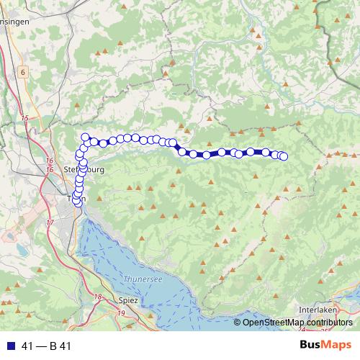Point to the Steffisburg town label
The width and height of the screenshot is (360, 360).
click(x=85, y=170)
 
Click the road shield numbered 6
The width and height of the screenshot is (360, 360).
click(x=23, y=72)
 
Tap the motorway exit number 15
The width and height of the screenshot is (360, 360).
click(x=25, y=117)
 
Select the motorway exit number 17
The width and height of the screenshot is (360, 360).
click(x=50, y=223)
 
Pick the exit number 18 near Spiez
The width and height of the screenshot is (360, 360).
click(x=97, y=297)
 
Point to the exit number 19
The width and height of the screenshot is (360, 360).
click(x=121, y=312)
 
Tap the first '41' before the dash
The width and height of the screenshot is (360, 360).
click(x=26, y=346)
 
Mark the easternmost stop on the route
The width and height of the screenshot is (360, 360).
click(x=283, y=156)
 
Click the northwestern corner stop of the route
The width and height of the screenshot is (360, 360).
click(x=86, y=138)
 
